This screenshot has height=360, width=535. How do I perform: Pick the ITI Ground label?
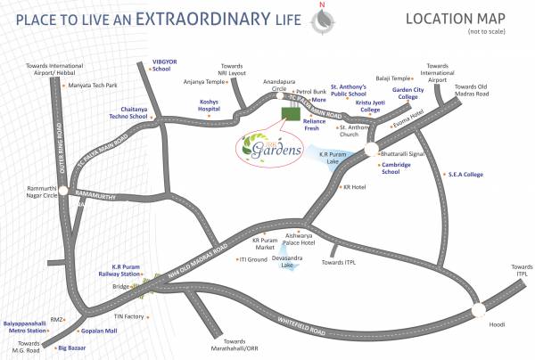[x=253, y=259]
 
